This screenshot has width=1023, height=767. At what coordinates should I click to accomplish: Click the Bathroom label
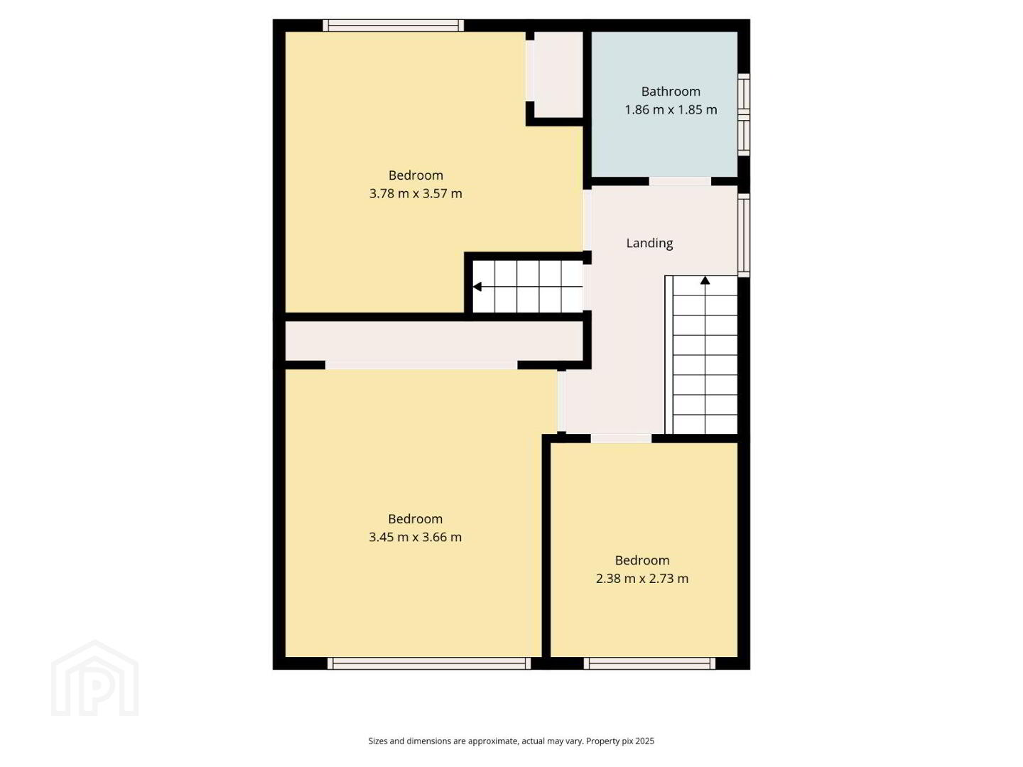[x=670, y=92]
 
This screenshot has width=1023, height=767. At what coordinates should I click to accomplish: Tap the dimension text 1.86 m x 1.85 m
[x=670, y=110]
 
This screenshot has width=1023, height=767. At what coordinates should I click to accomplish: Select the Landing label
[x=649, y=243]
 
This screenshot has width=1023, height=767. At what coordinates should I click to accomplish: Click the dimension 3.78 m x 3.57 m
[x=416, y=193]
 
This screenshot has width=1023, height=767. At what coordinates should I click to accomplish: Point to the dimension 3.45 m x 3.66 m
[x=415, y=537]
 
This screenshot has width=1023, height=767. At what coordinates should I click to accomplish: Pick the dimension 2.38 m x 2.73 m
[x=642, y=578]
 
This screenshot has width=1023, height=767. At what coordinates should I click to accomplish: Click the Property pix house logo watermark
[x=94, y=678]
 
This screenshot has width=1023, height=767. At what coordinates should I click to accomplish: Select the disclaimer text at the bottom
[x=511, y=741]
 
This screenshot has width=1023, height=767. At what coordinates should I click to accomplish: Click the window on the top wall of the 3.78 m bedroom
[x=394, y=25]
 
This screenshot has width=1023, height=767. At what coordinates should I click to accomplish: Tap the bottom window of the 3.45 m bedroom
[x=429, y=663]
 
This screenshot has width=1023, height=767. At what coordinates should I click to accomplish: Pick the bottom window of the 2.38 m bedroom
[x=649, y=663]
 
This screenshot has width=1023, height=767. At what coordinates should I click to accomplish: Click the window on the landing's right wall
[x=744, y=236]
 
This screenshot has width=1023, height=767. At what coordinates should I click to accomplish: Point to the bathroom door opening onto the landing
[x=680, y=181]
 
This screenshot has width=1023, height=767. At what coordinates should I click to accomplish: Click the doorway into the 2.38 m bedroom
[x=621, y=438]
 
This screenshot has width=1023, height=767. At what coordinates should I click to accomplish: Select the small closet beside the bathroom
[x=558, y=75]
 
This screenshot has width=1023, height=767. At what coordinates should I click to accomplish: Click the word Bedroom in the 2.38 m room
[x=642, y=560]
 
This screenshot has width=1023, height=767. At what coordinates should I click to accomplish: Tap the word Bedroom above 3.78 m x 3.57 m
[x=416, y=175]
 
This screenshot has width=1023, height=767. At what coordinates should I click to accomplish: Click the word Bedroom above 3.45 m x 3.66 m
[x=415, y=518]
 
